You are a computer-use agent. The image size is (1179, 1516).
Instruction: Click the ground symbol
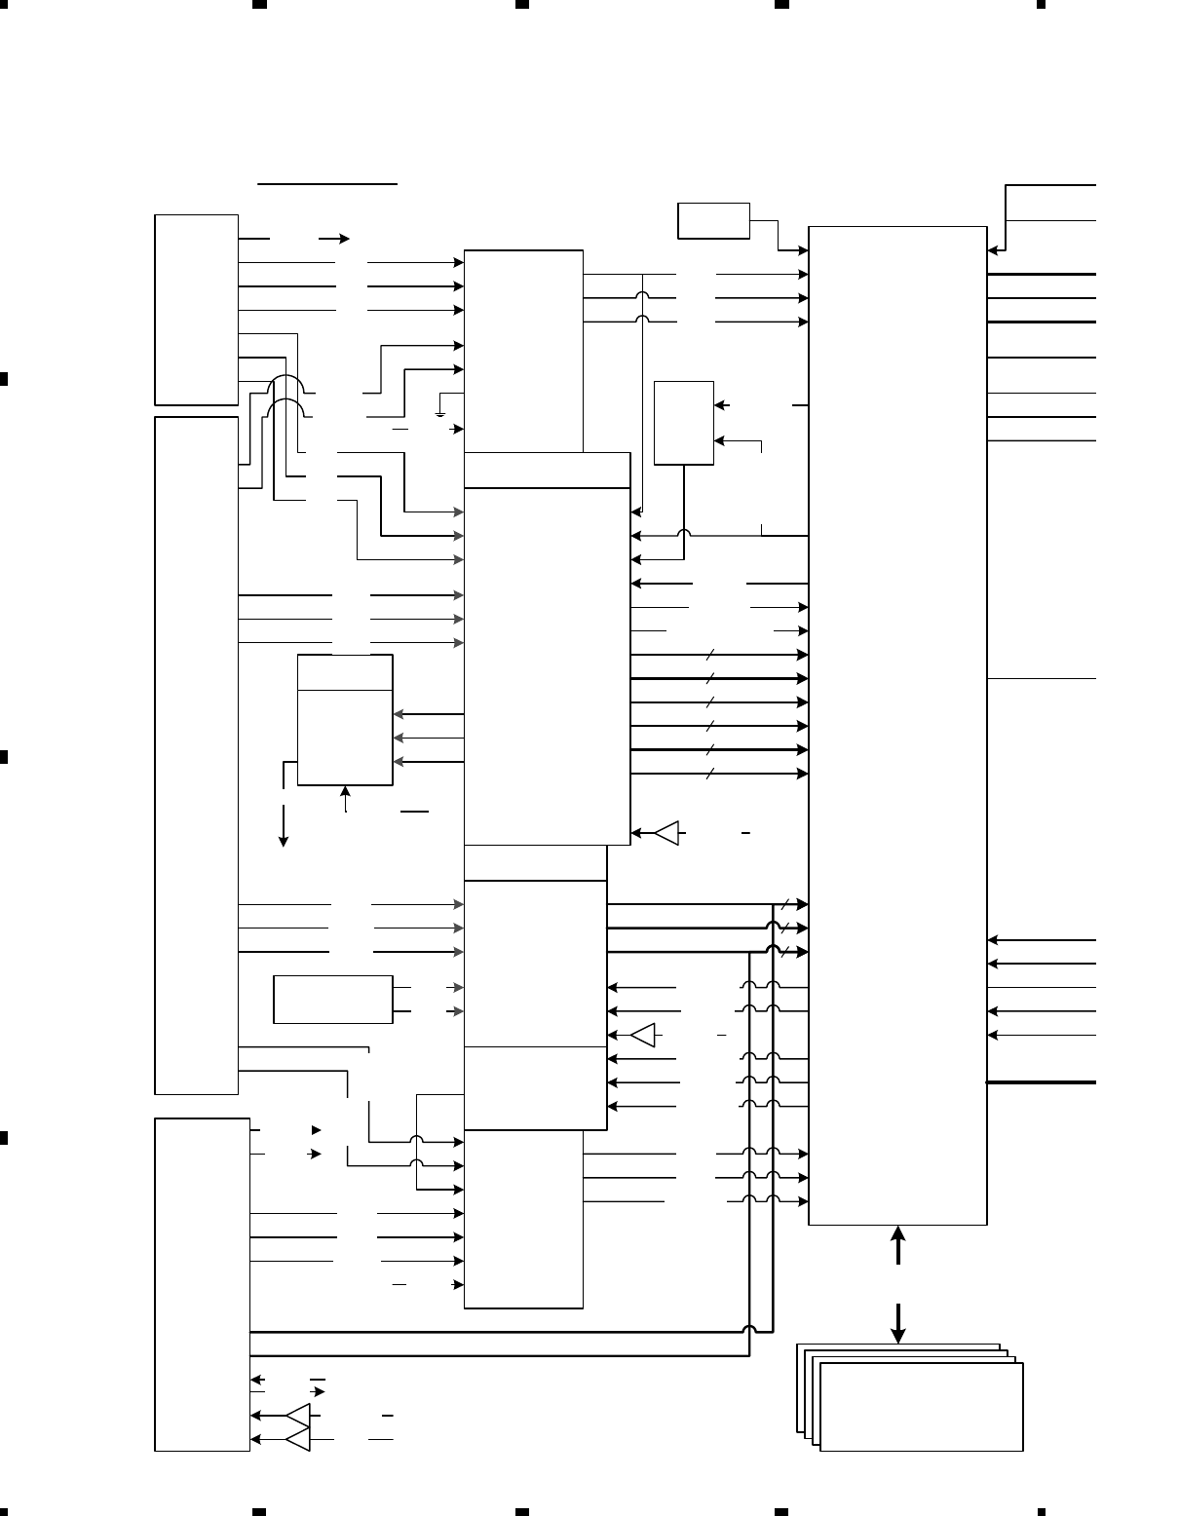coord(440,413)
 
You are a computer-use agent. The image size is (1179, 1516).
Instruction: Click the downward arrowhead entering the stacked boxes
coord(898,1336)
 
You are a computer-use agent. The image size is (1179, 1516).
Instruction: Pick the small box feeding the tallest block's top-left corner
coord(713,220)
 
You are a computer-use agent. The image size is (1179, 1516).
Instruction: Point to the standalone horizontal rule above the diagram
coord(327,182)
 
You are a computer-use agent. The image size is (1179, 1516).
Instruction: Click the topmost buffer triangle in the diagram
coord(667,833)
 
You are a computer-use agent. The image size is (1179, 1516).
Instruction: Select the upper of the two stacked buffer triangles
coord(298,1415)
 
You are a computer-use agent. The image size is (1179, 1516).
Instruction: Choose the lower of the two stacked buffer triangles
coord(298,1438)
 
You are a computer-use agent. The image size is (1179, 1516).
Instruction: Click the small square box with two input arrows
coord(684,423)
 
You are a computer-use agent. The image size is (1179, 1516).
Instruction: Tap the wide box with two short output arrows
coord(333,999)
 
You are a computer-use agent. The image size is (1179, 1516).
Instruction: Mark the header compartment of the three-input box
coord(345,672)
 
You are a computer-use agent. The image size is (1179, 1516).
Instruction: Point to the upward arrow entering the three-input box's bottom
coord(346,794)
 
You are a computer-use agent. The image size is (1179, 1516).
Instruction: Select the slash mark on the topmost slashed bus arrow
coord(711,655)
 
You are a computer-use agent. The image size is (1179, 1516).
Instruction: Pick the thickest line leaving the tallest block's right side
coord(1042,1082)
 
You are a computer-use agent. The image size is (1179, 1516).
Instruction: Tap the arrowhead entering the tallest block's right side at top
coord(992,250)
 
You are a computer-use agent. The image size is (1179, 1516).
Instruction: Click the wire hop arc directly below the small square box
coord(684,535)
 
